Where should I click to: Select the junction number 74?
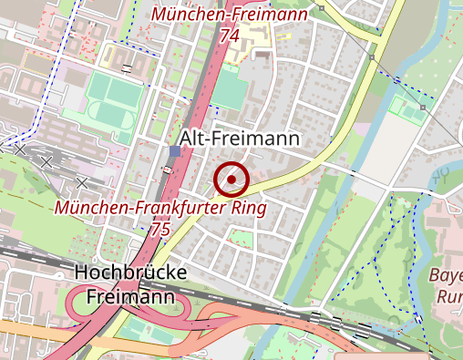pos(229,35)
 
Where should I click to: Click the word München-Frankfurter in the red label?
pos(143,209)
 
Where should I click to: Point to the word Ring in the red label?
pos(249,209)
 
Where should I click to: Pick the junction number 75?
pos(161,229)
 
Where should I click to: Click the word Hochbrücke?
pos(130,273)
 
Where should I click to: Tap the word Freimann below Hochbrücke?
pos(130,296)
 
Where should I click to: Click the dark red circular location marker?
pos(232,180)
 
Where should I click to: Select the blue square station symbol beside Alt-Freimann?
pos(175,150)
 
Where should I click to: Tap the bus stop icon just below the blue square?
pos(167,169)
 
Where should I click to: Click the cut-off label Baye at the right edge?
pos(449,277)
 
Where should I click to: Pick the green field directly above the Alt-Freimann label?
pos(231,94)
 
